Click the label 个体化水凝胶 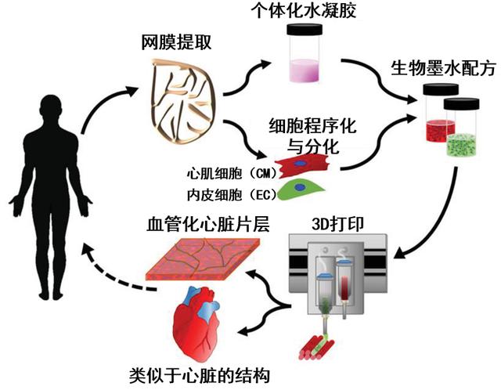click(304, 10)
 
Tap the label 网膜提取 click(176, 42)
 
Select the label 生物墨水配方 click(444, 68)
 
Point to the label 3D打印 click(337, 224)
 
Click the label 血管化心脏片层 click(208, 224)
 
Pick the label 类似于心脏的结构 click(200, 375)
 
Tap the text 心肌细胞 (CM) click(232, 174)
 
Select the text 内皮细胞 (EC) click(232, 195)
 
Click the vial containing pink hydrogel click(305, 53)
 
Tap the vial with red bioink click(439, 113)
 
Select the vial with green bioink click(462, 127)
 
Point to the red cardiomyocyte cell click(303, 165)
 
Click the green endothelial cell click(301, 190)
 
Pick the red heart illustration click(196, 323)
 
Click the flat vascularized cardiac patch click(203, 259)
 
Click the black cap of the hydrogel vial click(305, 30)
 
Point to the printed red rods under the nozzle click(316, 346)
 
